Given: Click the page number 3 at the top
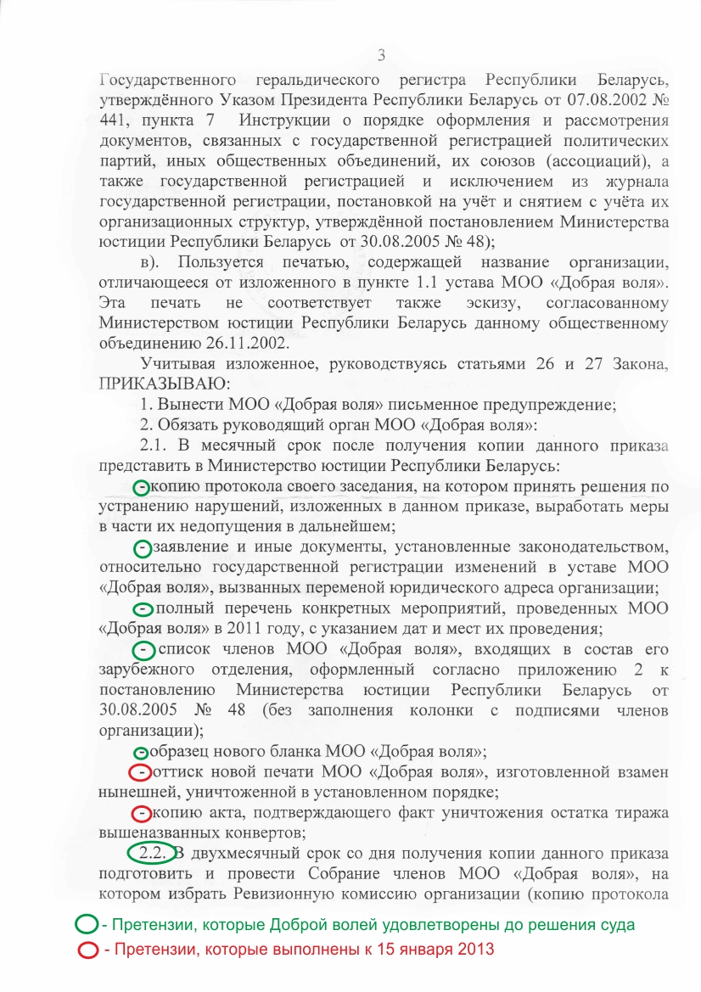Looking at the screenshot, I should click(x=381, y=56).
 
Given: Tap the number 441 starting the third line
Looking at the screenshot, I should click(x=113, y=118).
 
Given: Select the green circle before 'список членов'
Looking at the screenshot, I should click(x=145, y=650).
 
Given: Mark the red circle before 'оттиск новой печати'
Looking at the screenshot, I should click(x=141, y=773).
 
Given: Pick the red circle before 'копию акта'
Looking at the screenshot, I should click(x=142, y=814).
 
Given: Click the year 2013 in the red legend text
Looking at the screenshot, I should click(x=474, y=950).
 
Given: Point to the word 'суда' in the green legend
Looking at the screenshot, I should click(x=614, y=923).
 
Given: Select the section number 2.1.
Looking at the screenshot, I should click(x=153, y=446).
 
